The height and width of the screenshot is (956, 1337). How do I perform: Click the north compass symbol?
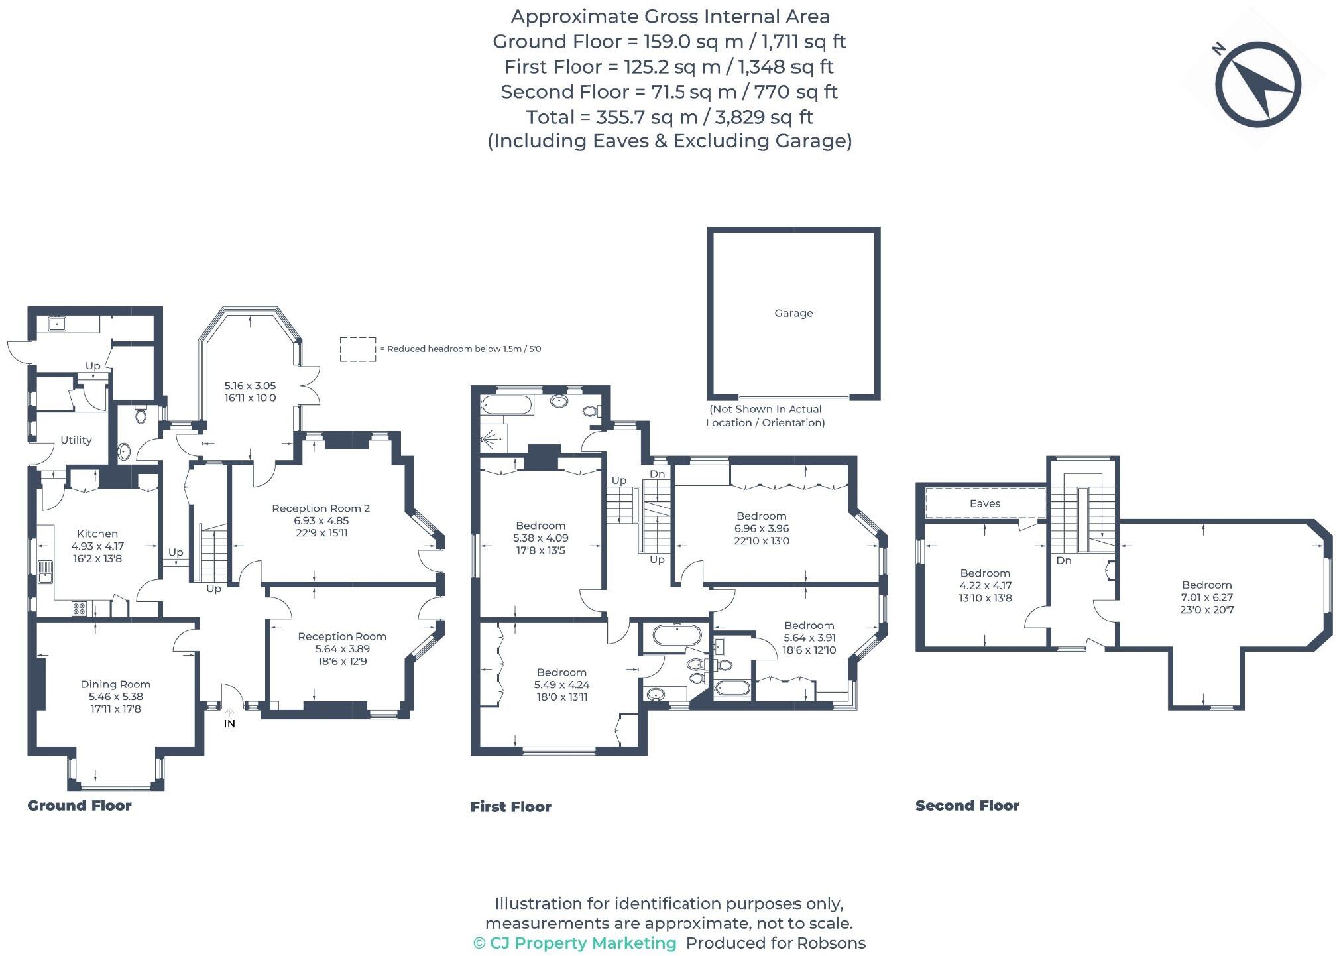tap(1257, 84)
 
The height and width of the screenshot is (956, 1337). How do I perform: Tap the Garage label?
tap(793, 313)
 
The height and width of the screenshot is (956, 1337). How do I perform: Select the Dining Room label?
tap(115, 684)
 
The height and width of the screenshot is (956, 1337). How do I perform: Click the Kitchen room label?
tap(97, 534)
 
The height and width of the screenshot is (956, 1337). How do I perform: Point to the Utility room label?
tap(76, 440)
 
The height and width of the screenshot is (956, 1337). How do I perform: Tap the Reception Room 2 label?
tap(321, 508)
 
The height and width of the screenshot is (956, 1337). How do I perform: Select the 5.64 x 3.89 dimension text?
tap(342, 649)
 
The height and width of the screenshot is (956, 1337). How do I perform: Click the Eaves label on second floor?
tap(984, 503)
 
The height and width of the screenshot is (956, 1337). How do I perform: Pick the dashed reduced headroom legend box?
tap(358, 349)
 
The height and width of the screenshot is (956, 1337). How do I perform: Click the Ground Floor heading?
tap(80, 806)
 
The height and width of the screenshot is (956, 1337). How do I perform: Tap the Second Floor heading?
tap(967, 806)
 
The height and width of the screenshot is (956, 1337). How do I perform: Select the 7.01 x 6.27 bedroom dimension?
tap(1206, 597)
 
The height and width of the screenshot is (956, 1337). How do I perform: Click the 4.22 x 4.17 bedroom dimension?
tap(985, 586)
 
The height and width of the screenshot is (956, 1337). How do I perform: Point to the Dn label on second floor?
tap(1064, 561)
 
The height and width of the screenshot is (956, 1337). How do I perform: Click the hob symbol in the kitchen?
tap(79, 608)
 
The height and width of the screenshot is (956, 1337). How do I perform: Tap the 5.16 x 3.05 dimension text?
tap(250, 386)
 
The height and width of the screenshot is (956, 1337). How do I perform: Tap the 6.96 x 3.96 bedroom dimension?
tap(761, 528)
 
